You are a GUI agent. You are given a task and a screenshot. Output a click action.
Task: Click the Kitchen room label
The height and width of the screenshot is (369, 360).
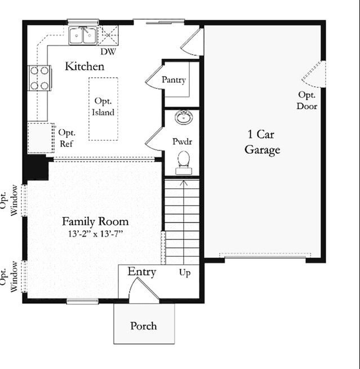(x=85, y=66)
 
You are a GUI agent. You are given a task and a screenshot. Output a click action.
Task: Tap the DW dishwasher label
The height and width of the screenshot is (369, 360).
(x=108, y=52)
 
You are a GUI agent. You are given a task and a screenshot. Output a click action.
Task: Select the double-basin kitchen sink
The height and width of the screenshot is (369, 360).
(x=83, y=35)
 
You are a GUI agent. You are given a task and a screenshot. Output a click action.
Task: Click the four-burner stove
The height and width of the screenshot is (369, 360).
(x=39, y=78)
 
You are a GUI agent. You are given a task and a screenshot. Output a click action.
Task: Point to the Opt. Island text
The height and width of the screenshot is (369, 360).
(x=103, y=106)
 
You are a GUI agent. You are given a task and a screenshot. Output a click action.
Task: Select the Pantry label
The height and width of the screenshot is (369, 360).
(x=174, y=80)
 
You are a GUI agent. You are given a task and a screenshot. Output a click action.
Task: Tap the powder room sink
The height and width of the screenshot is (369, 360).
(x=183, y=118)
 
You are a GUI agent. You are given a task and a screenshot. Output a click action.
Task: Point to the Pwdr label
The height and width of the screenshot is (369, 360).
(x=182, y=141)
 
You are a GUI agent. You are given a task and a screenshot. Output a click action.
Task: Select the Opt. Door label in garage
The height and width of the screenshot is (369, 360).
(x=307, y=100)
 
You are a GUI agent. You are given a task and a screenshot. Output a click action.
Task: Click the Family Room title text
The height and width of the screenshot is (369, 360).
(x=95, y=221)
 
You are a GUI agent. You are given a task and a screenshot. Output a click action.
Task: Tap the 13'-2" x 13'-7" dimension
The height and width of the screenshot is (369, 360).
(x=95, y=233)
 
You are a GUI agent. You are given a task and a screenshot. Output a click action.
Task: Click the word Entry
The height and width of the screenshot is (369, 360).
(x=141, y=272)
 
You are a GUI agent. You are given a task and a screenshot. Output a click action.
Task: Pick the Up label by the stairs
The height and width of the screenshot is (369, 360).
(x=185, y=273)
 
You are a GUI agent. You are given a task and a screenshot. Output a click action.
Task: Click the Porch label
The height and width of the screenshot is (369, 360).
(x=144, y=326)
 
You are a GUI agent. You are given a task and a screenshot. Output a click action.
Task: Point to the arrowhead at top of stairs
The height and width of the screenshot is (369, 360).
(x=183, y=182)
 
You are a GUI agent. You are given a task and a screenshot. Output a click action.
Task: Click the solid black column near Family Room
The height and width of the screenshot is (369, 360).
(x=37, y=168)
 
